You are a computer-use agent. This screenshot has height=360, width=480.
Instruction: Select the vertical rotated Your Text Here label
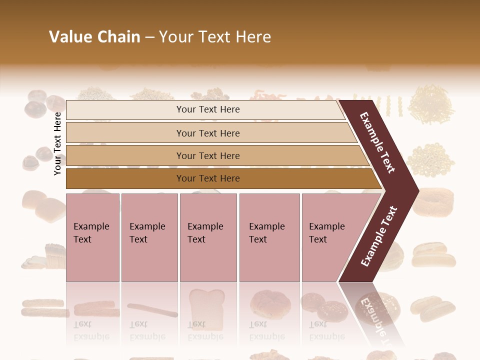[57, 143]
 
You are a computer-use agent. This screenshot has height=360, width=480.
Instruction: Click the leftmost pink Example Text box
[92, 237]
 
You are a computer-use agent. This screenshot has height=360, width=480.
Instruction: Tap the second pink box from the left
[149, 237]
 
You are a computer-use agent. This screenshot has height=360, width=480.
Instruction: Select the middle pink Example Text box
[208, 237]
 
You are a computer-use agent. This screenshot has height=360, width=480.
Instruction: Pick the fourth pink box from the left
[269, 237]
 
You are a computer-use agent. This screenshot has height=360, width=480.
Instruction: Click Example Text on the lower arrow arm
[379, 236]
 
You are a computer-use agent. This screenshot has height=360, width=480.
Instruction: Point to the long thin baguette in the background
[152, 310]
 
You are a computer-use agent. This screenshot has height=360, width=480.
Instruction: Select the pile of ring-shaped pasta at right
[430, 160]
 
